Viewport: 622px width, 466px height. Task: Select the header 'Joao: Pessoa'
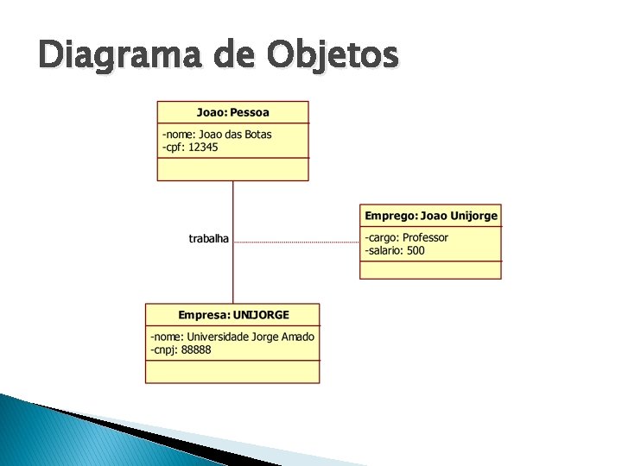coord(232,112)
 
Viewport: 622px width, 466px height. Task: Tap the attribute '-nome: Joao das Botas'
coord(216,135)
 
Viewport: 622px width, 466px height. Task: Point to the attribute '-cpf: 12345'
coord(189,148)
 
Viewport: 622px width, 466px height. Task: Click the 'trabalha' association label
coord(209,238)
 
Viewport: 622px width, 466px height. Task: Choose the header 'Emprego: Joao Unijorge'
coord(430,216)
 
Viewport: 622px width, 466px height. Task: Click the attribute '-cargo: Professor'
coord(406,238)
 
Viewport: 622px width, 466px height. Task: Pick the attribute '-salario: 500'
coord(395,251)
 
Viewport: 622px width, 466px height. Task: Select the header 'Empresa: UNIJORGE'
coord(233,315)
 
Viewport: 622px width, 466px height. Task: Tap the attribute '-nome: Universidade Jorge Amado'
coord(232,337)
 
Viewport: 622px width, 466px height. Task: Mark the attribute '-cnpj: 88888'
coord(181,349)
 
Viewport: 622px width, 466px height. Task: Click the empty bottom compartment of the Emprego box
coord(430,269)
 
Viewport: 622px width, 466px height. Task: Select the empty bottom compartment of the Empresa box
coord(232,371)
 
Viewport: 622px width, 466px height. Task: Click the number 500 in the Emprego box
coord(416,251)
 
